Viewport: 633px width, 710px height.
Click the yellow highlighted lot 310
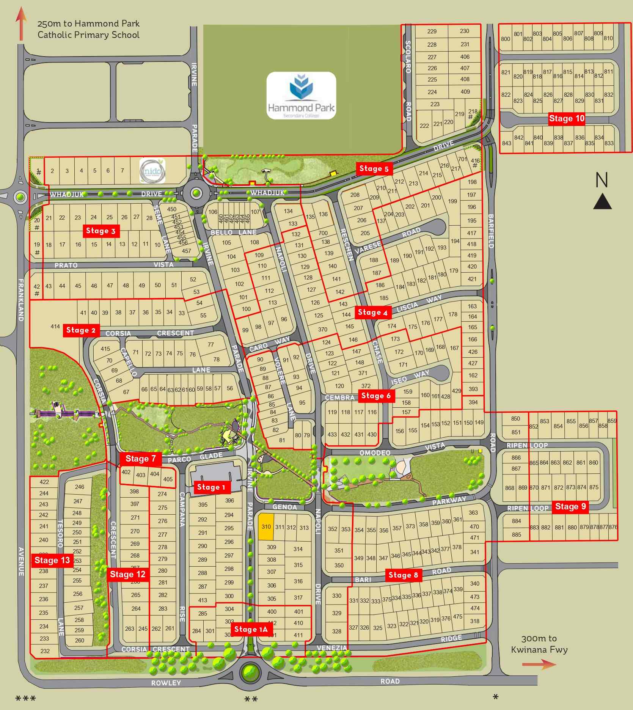(266, 527)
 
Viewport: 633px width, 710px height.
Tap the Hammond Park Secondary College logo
(301, 95)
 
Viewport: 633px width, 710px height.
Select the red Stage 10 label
(567, 119)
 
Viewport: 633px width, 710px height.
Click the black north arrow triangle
(602, 201)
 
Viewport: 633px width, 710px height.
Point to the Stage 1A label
(251, 629)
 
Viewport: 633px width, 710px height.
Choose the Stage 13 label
(52, 560)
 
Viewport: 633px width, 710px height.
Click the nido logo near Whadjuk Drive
(152, 171)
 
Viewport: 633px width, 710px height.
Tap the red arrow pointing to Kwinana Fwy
(539, 664)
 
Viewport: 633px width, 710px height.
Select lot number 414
(55, 326)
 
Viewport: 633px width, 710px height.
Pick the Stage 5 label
(374, 169)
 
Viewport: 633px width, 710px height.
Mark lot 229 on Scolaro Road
(432, 31)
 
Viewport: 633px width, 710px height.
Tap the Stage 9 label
(570, 506)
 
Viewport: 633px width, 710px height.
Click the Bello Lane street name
(233, 232)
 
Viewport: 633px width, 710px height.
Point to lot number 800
(505, 39)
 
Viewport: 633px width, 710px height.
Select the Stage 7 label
(140, 459)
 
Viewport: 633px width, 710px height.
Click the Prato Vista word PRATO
(66, 265)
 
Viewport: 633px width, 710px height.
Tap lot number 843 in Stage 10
(506, 143)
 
